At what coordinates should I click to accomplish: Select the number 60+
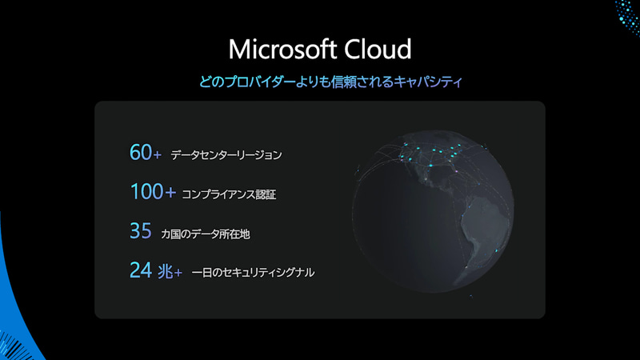146,153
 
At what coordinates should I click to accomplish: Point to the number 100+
152,192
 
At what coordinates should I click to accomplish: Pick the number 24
140,271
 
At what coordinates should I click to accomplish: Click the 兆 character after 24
164,272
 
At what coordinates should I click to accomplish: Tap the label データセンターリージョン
226,154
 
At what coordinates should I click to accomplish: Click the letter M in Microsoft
239,49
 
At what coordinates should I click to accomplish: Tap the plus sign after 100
169,193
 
